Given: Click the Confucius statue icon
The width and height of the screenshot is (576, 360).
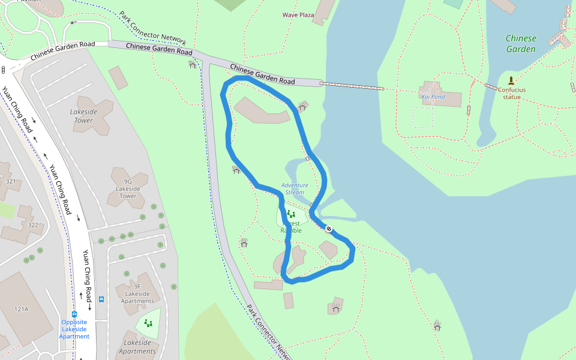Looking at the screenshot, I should pos(511,80).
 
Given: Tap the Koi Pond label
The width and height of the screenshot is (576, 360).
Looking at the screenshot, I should pos(433,97).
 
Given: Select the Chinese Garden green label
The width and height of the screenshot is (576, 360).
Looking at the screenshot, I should pos(520,44).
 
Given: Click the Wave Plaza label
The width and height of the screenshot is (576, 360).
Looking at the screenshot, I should pos(298,15).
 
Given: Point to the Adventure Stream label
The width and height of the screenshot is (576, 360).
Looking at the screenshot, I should pos(295,188).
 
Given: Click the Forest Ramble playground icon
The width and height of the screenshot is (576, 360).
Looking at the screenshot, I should pos(291,214).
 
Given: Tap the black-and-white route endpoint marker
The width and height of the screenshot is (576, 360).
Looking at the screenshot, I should pos(329,229).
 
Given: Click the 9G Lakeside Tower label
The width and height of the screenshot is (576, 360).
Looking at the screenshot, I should pos(128,188).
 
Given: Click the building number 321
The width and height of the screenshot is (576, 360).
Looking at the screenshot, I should pos(10,181).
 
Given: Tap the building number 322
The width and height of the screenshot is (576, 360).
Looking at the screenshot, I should pos(33,225).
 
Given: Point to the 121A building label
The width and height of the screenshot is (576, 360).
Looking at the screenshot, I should pos(22,309).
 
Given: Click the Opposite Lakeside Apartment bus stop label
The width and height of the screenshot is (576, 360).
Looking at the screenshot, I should pos(74,329).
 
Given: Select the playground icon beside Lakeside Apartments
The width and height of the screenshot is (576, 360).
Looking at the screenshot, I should pos(148,323).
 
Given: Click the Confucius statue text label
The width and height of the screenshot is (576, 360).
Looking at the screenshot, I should pos(511,93).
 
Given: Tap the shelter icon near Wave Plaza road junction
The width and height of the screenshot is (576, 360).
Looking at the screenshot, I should pos(192,64).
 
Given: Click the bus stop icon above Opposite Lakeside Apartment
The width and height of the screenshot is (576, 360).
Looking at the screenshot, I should pos(74,314).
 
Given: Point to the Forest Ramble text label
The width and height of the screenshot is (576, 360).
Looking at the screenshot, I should pos(291,227).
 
